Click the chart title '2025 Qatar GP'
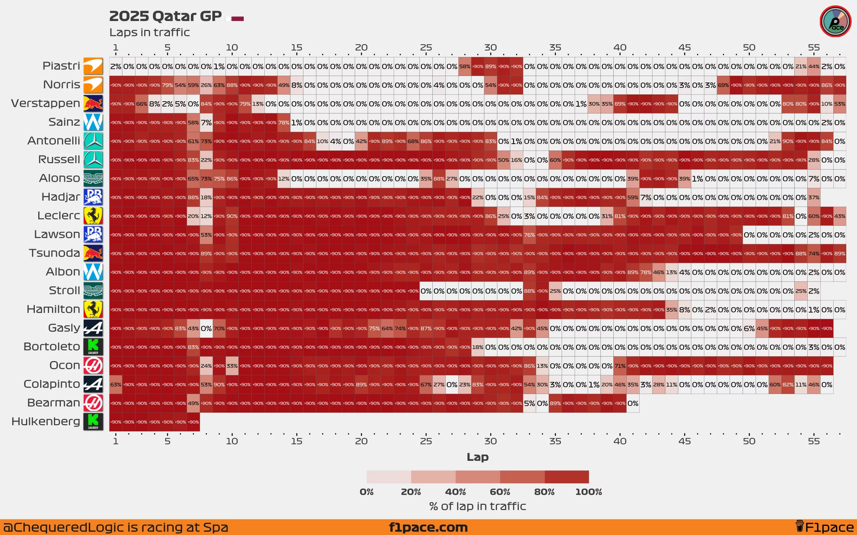(165, 16)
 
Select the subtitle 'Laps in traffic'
(150, 32)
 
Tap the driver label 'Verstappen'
(46, 103)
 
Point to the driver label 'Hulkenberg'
(46, 421)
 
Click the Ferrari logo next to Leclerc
(93, 216)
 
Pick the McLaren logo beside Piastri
(93, 66)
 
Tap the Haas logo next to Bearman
(93, 403)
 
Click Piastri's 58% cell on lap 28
(465, 66)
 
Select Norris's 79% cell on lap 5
(168, 85)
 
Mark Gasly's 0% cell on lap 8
(206, 328)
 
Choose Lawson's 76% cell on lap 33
(530, 235)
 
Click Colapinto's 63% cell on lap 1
(116, 384)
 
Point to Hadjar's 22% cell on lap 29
(478, 198)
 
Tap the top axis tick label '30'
(490, 48)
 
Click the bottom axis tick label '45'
(684, 441)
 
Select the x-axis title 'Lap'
(477, 457)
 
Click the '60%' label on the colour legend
(500, 492)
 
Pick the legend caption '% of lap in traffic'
(477, 506)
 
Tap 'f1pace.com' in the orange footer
(428, 527)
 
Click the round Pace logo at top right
(836, 22)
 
